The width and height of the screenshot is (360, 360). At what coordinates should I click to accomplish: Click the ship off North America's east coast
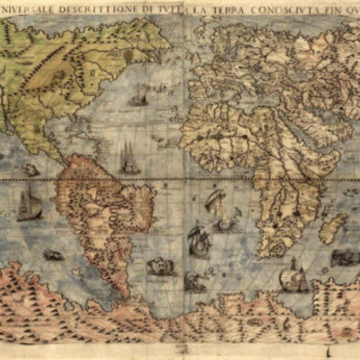[x=138, y=96]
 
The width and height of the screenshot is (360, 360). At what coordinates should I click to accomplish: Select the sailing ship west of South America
[x=29, y=204]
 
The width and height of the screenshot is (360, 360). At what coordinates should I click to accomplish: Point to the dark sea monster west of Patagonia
[x=53, y=255]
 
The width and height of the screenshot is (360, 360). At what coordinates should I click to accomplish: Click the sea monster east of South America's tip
[x=160, y=266]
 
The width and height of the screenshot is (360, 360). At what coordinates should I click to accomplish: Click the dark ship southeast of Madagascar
[x=344, y=256]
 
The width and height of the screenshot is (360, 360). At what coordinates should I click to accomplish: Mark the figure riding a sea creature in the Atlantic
[x=214, y=203]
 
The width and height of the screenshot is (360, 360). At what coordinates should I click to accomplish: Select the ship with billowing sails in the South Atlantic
[x=198, y=239]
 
